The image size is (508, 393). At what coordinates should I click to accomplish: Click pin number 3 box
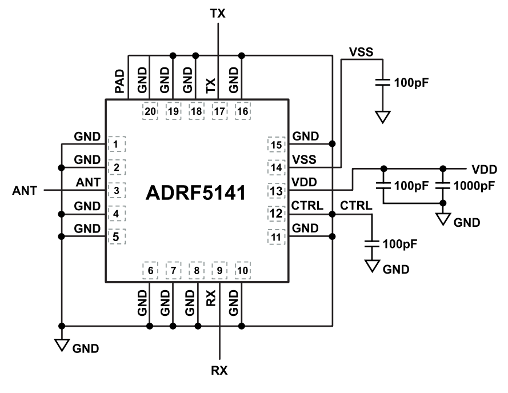click(116, 190)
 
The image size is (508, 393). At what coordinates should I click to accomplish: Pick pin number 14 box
click(277, 167)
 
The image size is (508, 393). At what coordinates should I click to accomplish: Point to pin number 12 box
click(277, 214)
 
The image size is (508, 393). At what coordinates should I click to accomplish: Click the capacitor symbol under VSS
click(383, 83)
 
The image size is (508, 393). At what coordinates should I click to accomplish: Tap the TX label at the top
click(218, 13)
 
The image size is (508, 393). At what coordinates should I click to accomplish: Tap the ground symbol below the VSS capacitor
click(383, 117)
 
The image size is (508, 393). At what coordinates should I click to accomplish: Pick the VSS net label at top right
click(361, 52)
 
